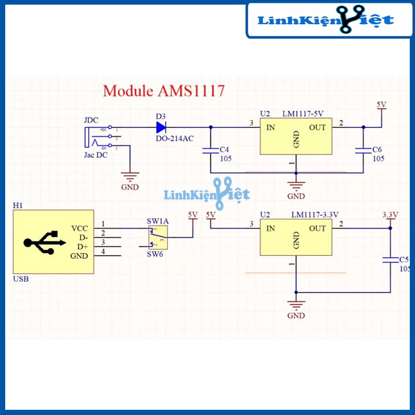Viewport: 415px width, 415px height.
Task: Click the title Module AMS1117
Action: (x=163, y=91)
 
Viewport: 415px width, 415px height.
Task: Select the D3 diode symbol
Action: (x=161, y=127)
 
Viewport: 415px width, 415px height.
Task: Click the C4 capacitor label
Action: (x=225, y=149)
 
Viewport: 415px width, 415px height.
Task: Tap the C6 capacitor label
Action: (x=378, y=149)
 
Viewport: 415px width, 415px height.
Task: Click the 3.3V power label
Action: (x=390, y=215)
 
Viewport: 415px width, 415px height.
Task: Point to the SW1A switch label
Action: (x=157, y=221)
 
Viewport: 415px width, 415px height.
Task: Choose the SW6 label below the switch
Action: (x=155, y=254)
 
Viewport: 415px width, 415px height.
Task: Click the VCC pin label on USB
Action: (x=80, y=228)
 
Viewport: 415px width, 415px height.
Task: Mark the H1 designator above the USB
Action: (x=17, y=206)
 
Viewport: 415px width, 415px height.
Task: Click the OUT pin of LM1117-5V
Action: (x=317, y=127)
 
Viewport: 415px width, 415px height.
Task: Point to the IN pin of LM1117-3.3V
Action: (x=270, y=229)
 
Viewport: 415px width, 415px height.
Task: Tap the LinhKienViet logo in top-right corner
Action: (x=327, y=20)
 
